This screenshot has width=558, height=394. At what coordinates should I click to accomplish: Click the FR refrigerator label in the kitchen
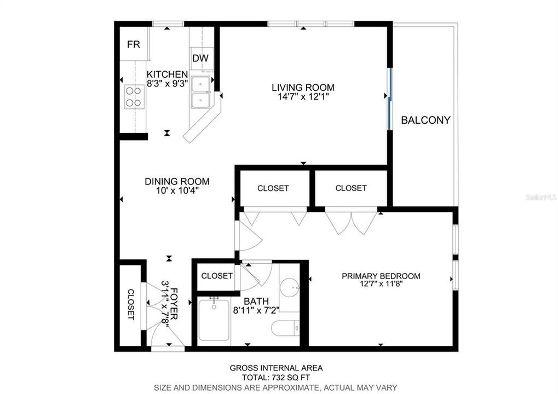tap(134, 45)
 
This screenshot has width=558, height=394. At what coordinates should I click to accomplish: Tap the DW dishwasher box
tap(200, 59)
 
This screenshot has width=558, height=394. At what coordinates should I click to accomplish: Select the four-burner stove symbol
tap(133, 96)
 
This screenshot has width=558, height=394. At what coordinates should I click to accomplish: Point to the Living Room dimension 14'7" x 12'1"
tap(303, 97)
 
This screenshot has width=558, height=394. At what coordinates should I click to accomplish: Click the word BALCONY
tap(425, 120)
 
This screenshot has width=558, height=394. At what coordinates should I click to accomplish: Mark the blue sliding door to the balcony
tap(389, 99)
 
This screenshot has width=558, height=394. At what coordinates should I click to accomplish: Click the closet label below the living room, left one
tap(273, 188)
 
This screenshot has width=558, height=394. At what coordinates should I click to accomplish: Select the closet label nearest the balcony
tap(351, 188)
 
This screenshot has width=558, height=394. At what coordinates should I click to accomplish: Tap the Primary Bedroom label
tap(381, 276)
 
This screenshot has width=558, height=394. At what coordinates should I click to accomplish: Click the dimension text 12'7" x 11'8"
tap(381, 284)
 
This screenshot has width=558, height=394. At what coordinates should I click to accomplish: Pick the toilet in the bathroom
tap(285, 328)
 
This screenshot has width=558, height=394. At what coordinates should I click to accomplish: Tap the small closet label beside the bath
tap(217, 276)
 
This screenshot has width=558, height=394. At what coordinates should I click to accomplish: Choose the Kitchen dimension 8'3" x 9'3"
tap(167, 83)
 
